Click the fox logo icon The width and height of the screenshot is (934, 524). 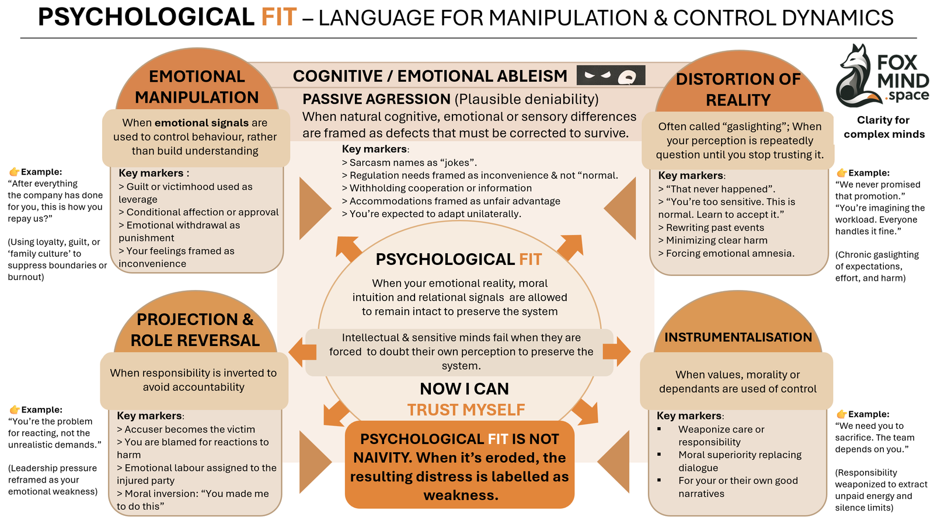[x=855, y=76]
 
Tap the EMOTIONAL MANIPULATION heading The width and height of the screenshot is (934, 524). [x=197, y=86]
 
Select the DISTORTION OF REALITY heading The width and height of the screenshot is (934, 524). [x=738, y=89]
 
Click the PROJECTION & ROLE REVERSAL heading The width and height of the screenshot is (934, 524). [x=195, y=330]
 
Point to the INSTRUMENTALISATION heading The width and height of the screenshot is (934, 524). [x=738, y=337]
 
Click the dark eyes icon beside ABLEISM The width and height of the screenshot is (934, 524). [x=611, y=75]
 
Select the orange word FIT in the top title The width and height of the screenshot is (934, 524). [x=278, y=17]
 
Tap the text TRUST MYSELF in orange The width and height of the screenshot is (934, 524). [x=466, y=410]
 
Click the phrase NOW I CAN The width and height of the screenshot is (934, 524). [x=464, y=389]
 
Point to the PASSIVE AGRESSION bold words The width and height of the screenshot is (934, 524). [x=377, y=99]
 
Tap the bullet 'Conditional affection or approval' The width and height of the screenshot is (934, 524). [x=201, y=212]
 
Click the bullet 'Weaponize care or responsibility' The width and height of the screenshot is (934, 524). [x=721, y=435]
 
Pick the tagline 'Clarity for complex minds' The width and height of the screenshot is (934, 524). [x=883, y=127]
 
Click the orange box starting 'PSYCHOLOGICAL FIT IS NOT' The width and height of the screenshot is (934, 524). [x=459, y=467]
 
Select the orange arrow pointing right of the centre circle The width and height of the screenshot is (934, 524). [x=616, y=351]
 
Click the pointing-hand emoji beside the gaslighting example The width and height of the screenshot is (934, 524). [x=841, y=173]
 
